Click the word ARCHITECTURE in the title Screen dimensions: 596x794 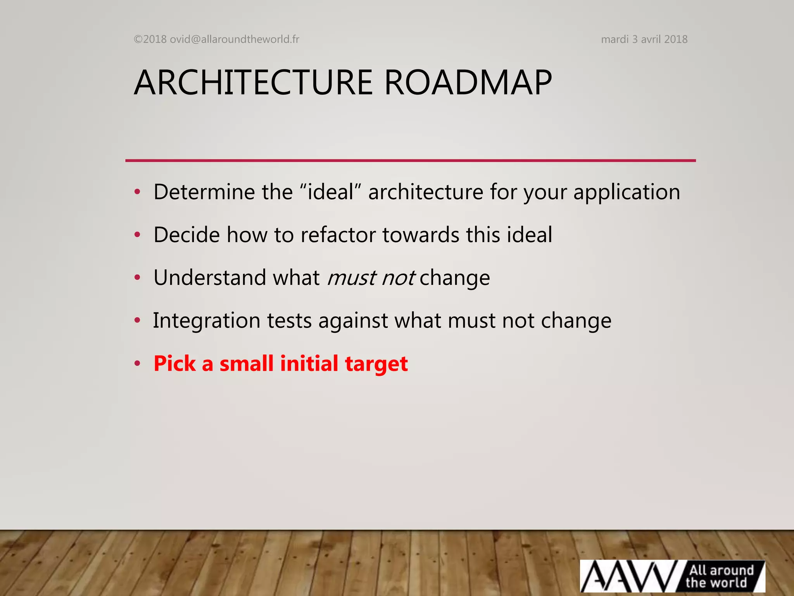coord(253,83)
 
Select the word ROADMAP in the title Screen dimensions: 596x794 coord(468,83)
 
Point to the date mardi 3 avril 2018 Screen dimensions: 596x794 coord(644,39)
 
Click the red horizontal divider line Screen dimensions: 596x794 coord(410,160)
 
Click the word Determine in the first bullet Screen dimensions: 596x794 coord(204,192)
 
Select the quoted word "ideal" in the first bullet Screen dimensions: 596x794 coord(331,192)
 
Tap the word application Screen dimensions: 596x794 coord(627,192)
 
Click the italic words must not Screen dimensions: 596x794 coord(371,278)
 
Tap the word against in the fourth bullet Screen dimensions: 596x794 coord(353,321)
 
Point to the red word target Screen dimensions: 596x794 coord(376,364)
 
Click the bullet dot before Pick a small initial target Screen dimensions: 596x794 coord(137,364)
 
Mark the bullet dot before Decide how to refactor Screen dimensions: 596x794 coord(137,235)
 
